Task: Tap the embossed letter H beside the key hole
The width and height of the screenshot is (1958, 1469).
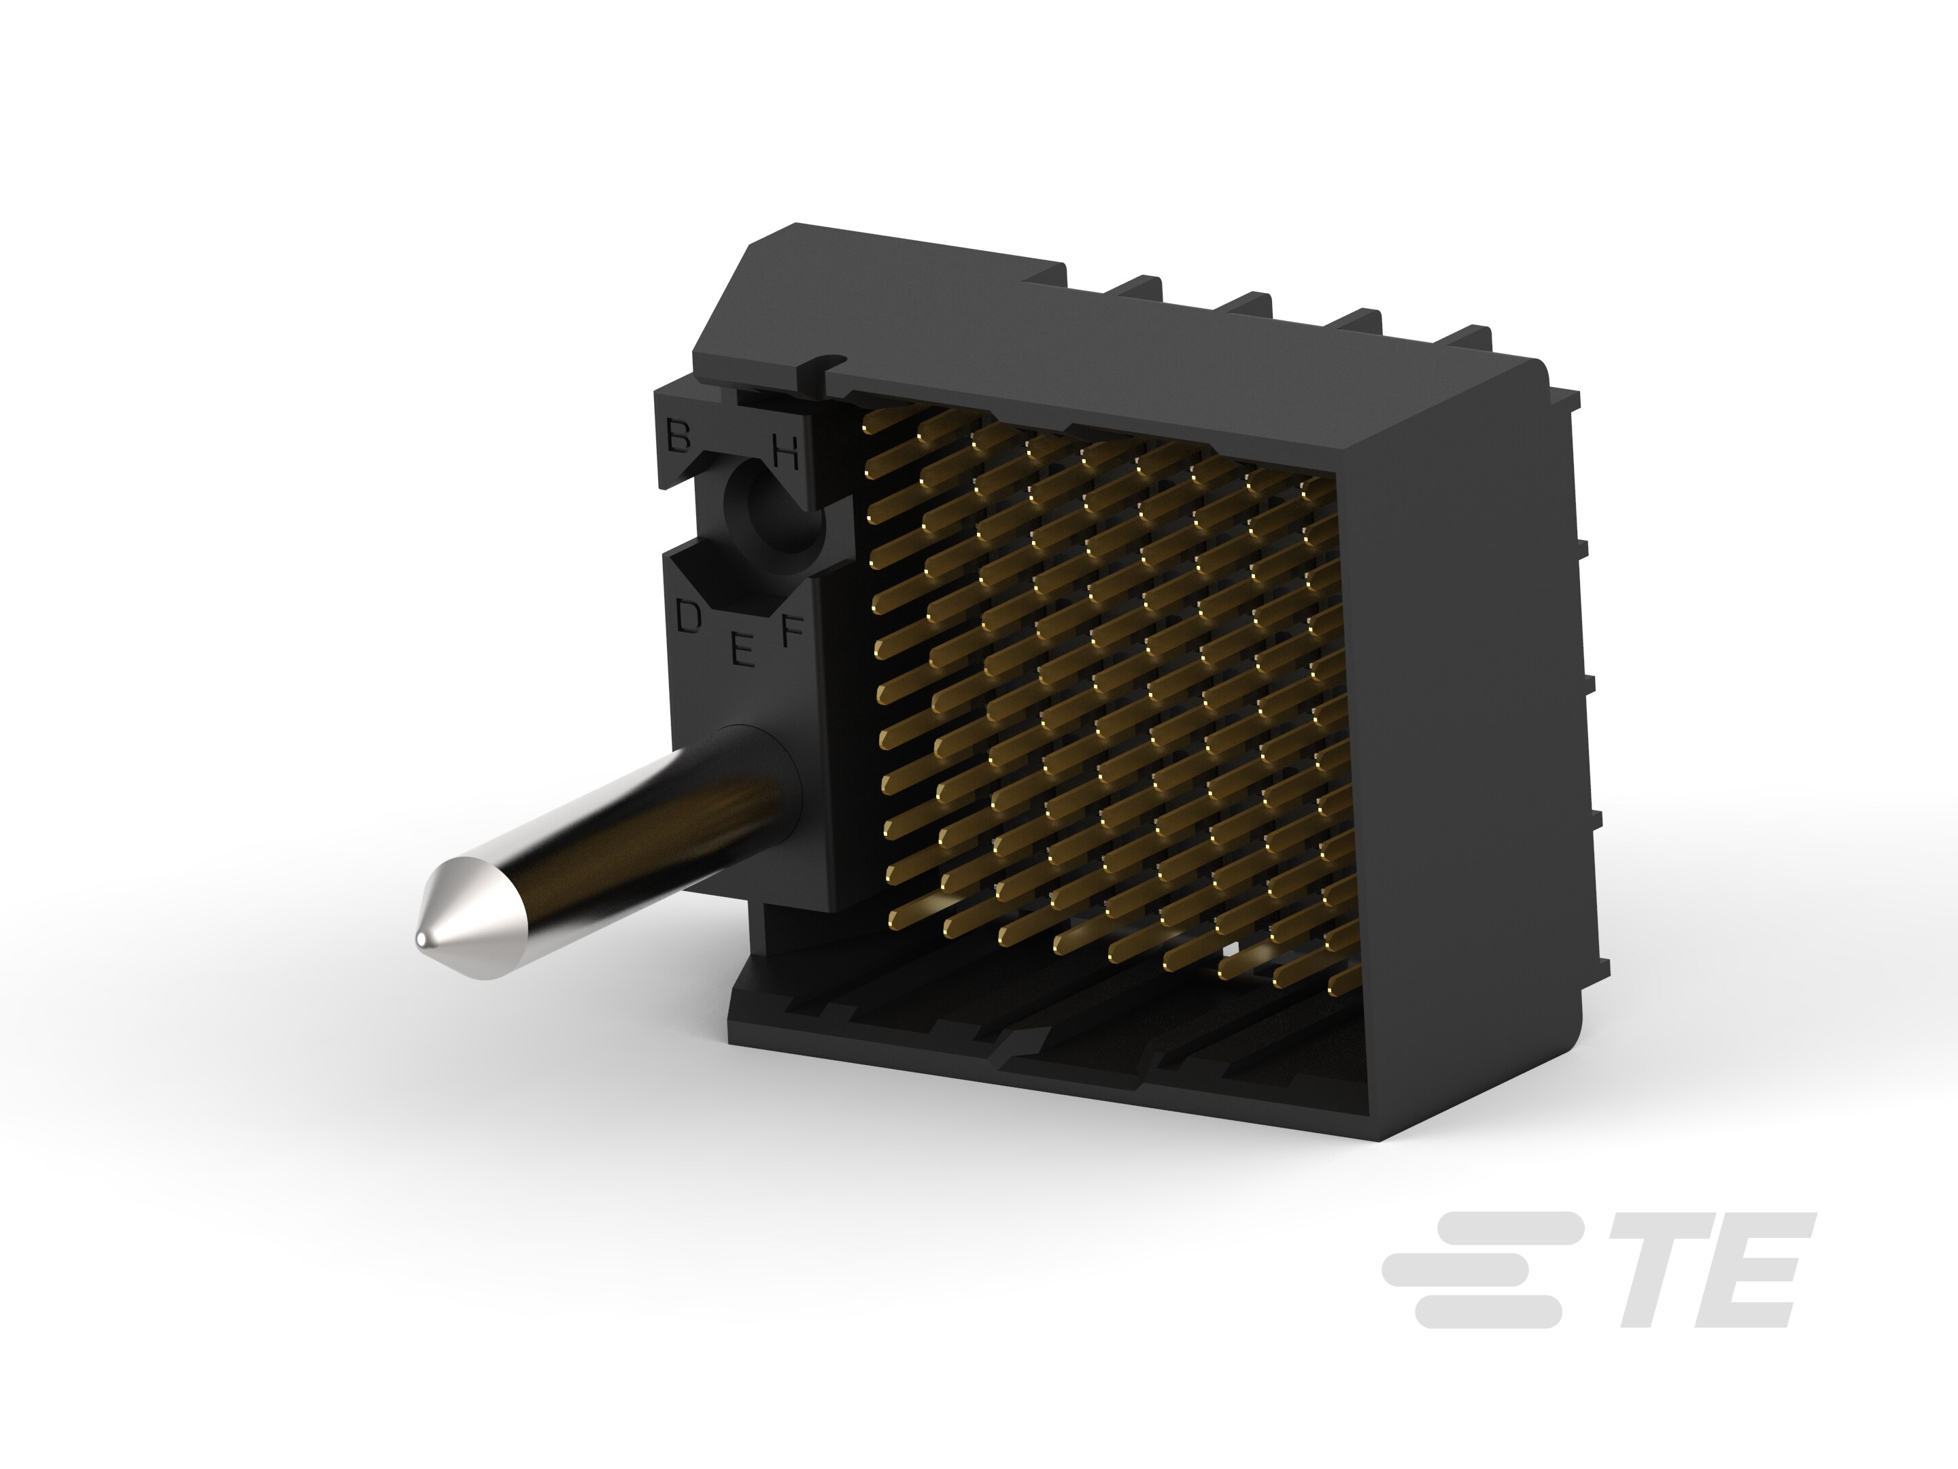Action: [x=786, y=452]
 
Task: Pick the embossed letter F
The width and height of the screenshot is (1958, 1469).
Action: [x=791, y=630]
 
